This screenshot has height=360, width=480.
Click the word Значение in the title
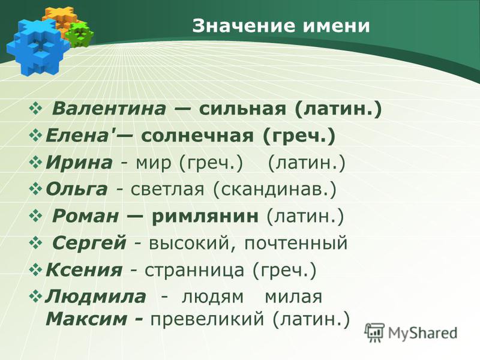[x=244, y=26]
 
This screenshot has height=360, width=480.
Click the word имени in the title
[x=337, y=26]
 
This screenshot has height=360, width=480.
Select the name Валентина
[x=109, y=109]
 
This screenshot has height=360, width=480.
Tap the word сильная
[x=242, y=109]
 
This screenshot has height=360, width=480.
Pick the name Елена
[x=80, y=136]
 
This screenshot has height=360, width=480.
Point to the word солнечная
[x=197, y=136]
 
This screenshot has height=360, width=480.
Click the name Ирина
[x=79, y=163]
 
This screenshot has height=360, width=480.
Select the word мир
[x=154, y=163]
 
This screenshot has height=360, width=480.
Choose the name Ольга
[x=77, y=189]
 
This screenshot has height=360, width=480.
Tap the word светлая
[x=167, y=190]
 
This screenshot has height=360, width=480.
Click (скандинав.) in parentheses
[x=275, y=190]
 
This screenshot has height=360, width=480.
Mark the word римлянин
[x=205, y=217]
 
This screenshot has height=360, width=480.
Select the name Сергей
[x=89, y=244]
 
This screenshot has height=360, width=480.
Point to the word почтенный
[x=296, y=244]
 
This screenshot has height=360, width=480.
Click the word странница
[x=194, y=271]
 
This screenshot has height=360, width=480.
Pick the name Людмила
[x=95, y=296]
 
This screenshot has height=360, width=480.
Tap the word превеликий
[x=207, y=320]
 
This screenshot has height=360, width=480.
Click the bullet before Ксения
[x=36, y=270]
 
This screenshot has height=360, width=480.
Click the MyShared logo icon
[x=374, y=332]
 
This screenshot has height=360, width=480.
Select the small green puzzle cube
[x=80, y=34]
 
